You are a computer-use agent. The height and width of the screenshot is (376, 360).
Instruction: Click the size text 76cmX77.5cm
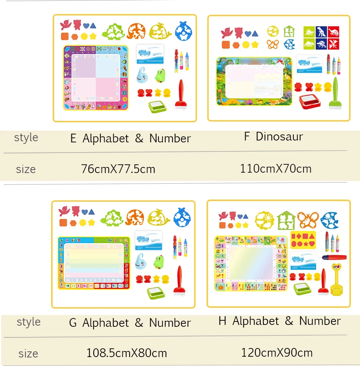coord(118,169)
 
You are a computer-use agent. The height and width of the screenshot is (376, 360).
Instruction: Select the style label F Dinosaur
coord(274,137)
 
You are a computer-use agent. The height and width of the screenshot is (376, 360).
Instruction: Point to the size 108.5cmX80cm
coord(127,353)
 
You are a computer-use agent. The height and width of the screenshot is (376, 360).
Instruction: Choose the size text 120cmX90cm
coord(277,353)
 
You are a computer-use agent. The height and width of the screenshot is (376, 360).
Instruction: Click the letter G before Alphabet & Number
coord(73,323)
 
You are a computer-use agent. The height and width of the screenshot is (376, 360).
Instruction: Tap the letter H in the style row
coord(222,321)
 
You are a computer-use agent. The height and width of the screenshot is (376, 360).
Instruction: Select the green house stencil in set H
coord(286,220)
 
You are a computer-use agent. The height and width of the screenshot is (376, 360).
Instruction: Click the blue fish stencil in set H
coord(329,220)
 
